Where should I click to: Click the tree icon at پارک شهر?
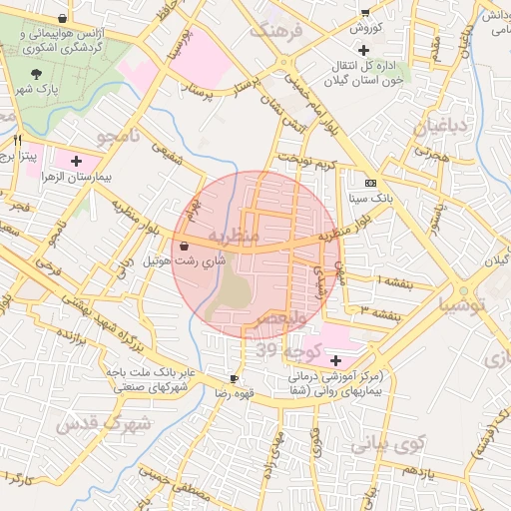point(37,75)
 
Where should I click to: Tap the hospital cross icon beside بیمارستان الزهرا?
point(76,160)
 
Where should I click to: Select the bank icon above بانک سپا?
point(371,184)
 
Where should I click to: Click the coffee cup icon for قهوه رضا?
point(235,379)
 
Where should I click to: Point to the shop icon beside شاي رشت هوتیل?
point(184,246)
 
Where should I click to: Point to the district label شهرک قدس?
point(104,424)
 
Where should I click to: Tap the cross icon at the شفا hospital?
point(335,359)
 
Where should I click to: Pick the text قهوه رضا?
point(235,394)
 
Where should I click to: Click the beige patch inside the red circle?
point(234,292)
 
